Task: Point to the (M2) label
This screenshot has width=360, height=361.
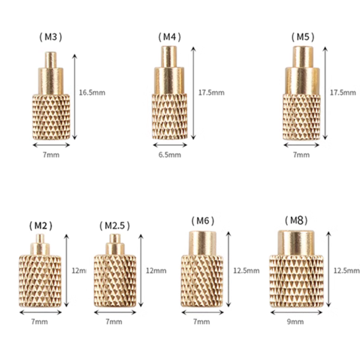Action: pos(40,226)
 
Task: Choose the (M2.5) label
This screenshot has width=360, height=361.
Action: pos(114,226)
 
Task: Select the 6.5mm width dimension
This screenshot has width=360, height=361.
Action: pos(170,155)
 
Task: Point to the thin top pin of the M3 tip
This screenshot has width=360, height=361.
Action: pos(52,59)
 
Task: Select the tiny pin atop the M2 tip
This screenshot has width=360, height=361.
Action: pos(40,238)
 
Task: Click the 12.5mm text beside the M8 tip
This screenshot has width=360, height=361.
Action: pos(346,270)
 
